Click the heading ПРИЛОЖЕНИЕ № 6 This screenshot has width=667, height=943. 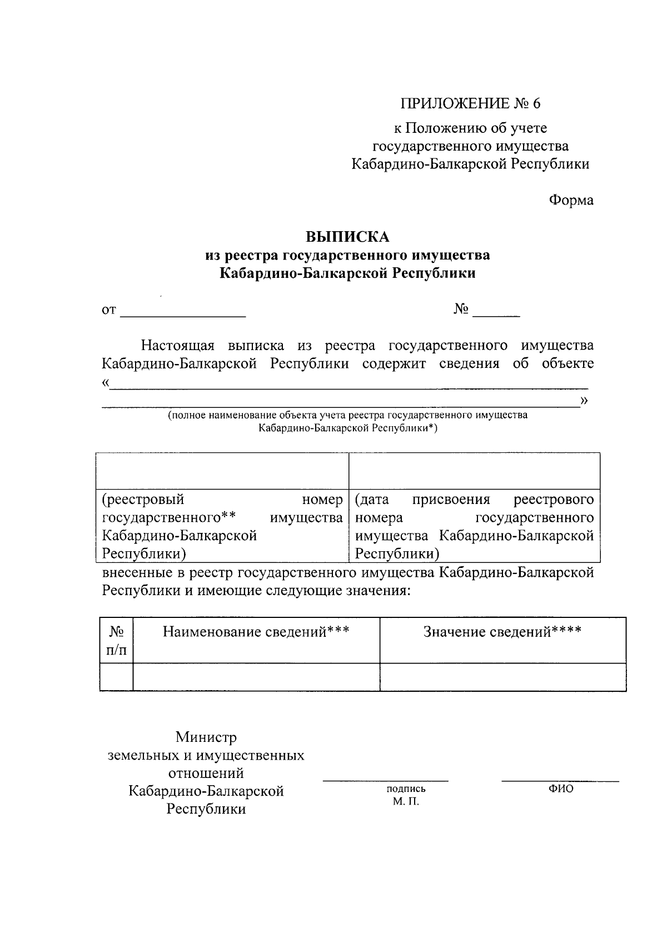pos(470,103)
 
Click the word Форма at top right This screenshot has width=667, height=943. pos(571,200)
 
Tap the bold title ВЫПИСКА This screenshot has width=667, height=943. pos(347,237)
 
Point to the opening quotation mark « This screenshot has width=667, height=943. pos(106,383)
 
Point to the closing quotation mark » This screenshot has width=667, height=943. pos(584,401)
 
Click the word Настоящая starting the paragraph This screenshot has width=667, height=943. pos(177,346)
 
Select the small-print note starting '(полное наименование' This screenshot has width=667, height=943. pos(348,421)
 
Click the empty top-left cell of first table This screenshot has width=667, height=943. pos(222,471)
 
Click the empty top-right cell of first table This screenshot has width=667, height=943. pos(474,471)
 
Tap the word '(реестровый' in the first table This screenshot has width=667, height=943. pos(143,500)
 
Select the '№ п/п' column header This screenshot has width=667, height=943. pos(116,641)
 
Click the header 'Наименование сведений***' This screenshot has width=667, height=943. pos(256,632)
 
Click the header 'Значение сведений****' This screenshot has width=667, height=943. pos(502,632)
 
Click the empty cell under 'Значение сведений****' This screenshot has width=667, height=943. pos(502,677)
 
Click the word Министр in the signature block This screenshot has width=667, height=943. pos(206,737)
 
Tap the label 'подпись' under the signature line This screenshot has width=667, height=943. pos(406,789)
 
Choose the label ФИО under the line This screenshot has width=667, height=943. pos(560,789)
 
